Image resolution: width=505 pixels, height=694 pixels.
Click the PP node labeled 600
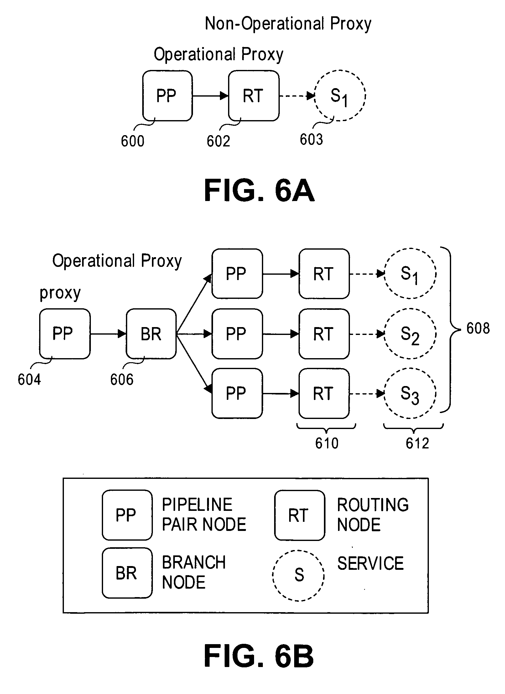tap(167, 96)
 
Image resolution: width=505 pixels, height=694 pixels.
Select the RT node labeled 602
tap(253, 96)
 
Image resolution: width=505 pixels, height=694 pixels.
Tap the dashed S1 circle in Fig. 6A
tap(340, 96)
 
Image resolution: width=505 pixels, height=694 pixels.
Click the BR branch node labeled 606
tap(151, 334)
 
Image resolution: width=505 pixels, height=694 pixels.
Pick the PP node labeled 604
tap(65, 334)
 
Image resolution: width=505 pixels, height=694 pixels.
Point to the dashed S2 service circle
tap(410, 334)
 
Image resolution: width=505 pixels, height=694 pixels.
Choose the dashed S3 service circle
tap(410, 394)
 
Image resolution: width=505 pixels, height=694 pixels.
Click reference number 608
tap(478, 329)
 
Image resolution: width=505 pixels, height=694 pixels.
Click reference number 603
tap(311, 140)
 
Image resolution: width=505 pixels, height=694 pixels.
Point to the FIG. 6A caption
tap(259, 191)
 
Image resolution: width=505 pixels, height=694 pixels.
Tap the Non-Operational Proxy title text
tap(288, 24)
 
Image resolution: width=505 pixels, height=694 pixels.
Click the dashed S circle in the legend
tap(298, 575)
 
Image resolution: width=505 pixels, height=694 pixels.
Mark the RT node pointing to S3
tap(324, 394)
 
